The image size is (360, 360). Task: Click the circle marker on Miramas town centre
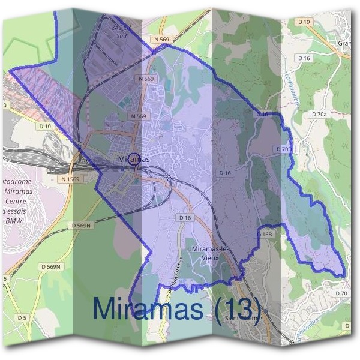pos(134,159)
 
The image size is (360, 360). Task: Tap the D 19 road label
pos(305,22)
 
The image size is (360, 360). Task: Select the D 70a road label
pos(319,113)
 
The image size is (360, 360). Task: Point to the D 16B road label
pos(265,234)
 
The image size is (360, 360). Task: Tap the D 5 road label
pos(22,317)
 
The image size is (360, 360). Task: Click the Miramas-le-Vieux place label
pos(209,253)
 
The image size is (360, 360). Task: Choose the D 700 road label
pos(285,148)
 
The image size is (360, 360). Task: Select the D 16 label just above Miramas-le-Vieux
pos(184,217)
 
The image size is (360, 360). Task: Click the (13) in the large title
pos(233,308)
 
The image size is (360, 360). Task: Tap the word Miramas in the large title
pos(147,308)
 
